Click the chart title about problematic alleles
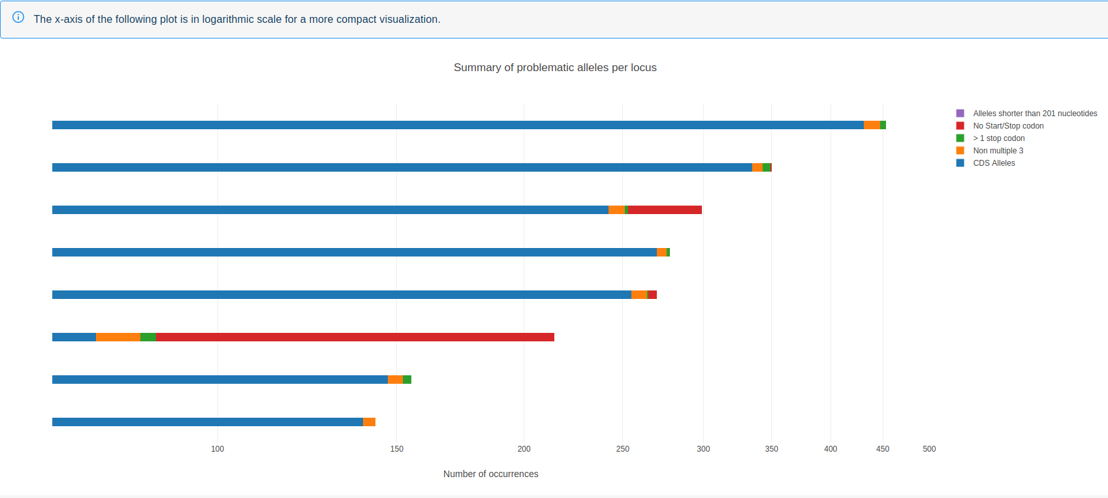[x=555, y=68]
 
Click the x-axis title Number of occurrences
[x=490, y=474]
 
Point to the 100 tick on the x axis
[x=217, y=449]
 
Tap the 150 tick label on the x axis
[x=396, y=449]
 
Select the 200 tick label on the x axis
[x=524, y=449]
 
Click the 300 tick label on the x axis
[x=703, y=449]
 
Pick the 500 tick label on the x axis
[x=929, y=449]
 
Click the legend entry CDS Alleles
[x=994, y=163]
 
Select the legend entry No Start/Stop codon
[x=1008, y=126]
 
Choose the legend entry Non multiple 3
[x=998, y=151]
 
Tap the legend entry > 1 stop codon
[x=998, y=138]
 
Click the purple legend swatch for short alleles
[x=960, y=114]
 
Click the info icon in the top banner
[x=18, y=18]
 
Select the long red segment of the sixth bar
[x=355, y=337]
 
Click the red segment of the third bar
[x=665, y=210]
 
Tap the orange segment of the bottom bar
[x=369, y=422]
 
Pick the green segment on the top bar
[x=883, y=125]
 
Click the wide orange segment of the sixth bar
[x=118, y=337]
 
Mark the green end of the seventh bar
[x=407, y=380]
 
